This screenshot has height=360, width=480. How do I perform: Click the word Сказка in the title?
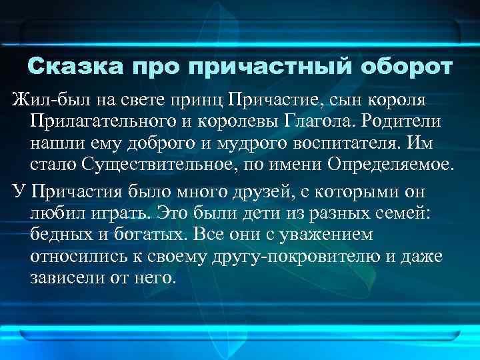(x=75, y=68)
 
